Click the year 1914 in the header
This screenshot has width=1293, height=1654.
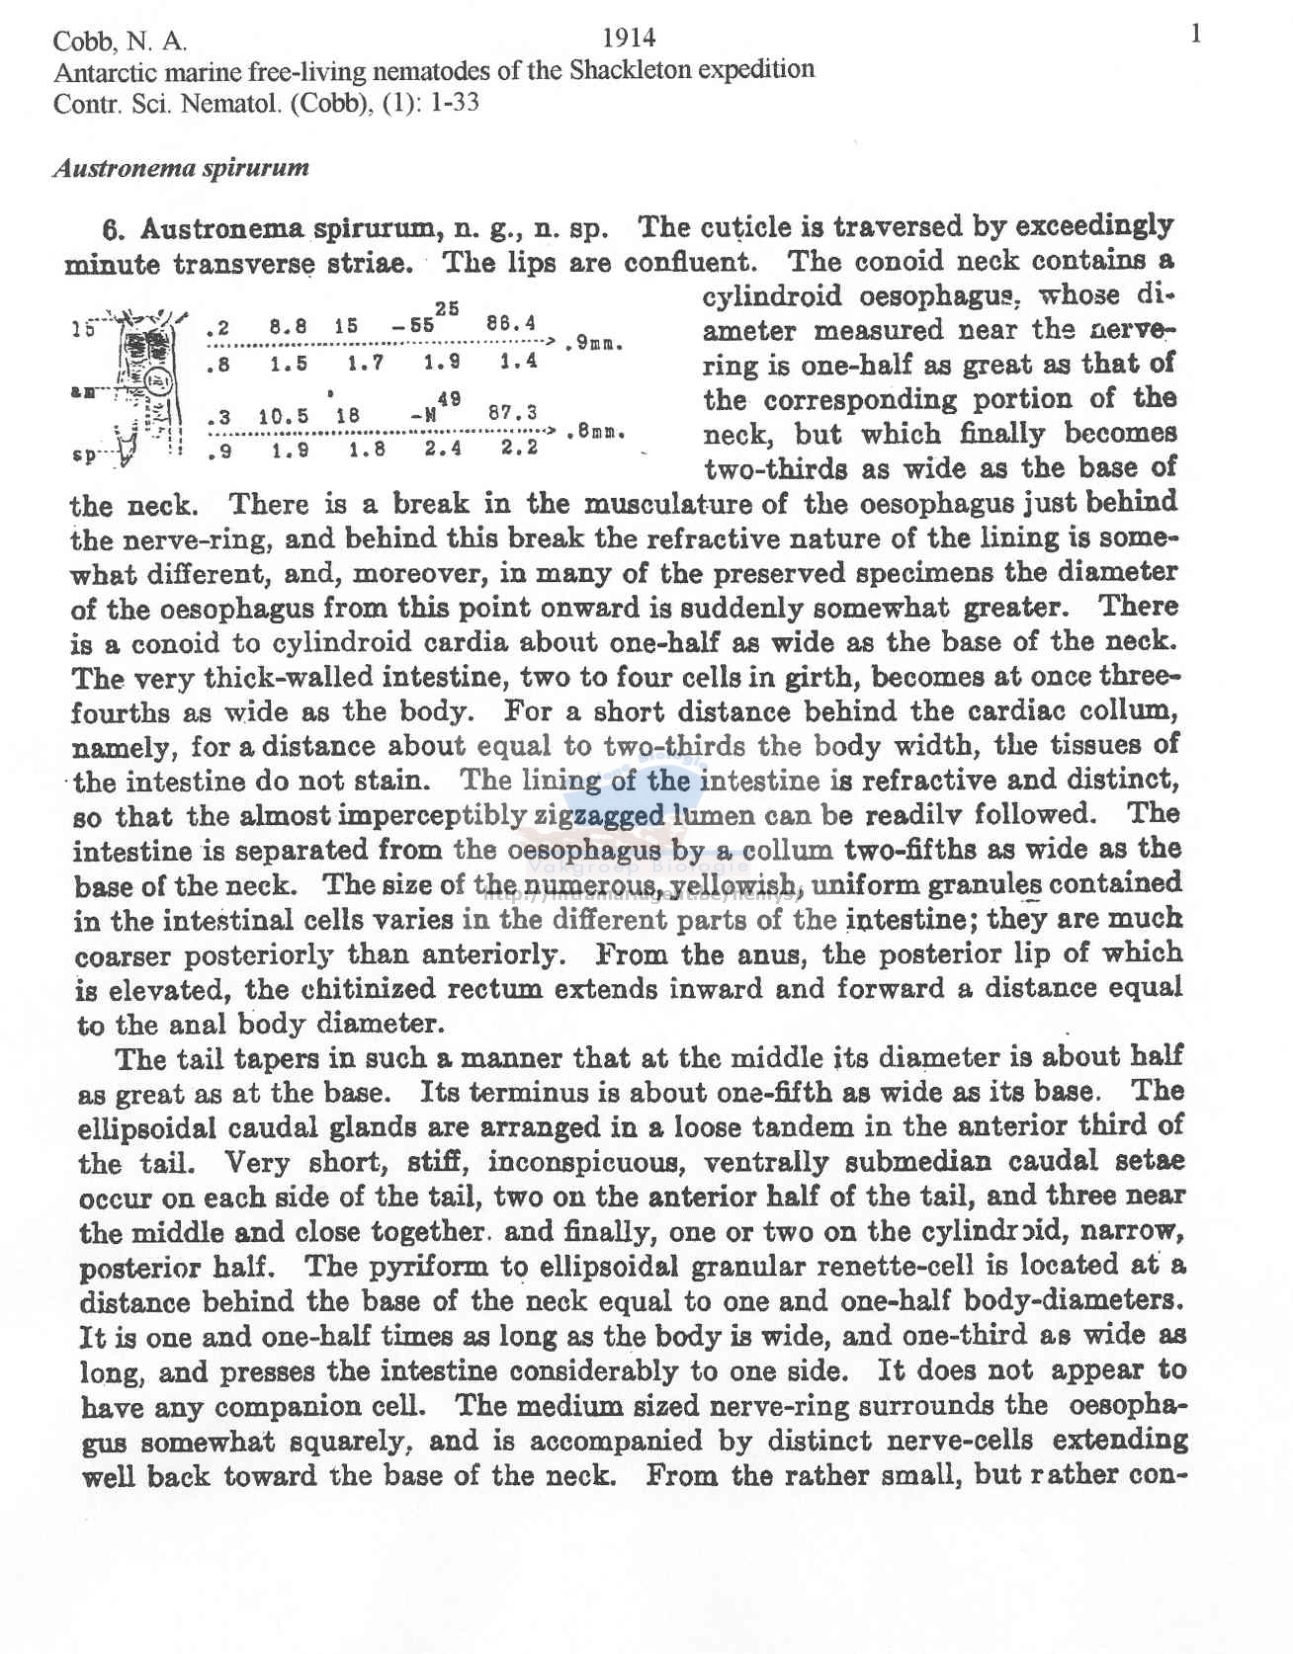point(629,38)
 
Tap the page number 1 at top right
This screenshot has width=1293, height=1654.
point(1196,36)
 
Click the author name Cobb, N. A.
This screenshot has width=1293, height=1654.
point(120,41)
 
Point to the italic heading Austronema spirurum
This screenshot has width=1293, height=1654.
point(181,168)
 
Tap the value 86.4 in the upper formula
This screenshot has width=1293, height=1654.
point(511,323)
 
